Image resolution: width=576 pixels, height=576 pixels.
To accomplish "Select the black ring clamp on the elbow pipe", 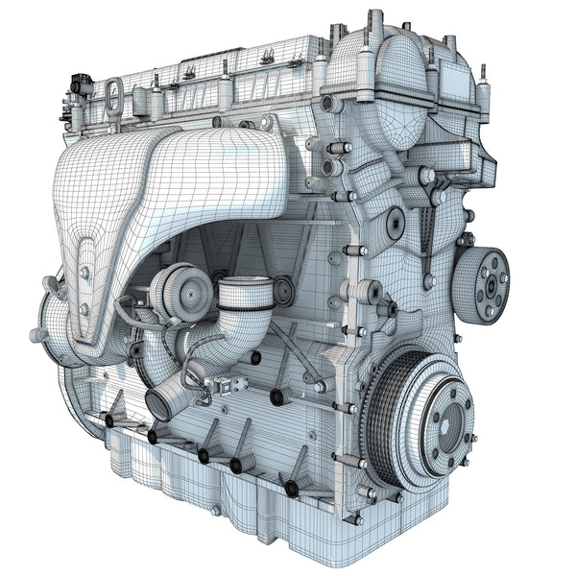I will tap(246, 299).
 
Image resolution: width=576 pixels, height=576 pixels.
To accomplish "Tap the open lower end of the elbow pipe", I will tap(159, 404).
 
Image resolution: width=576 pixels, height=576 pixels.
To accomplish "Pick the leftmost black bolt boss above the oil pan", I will tap(109, 420).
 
